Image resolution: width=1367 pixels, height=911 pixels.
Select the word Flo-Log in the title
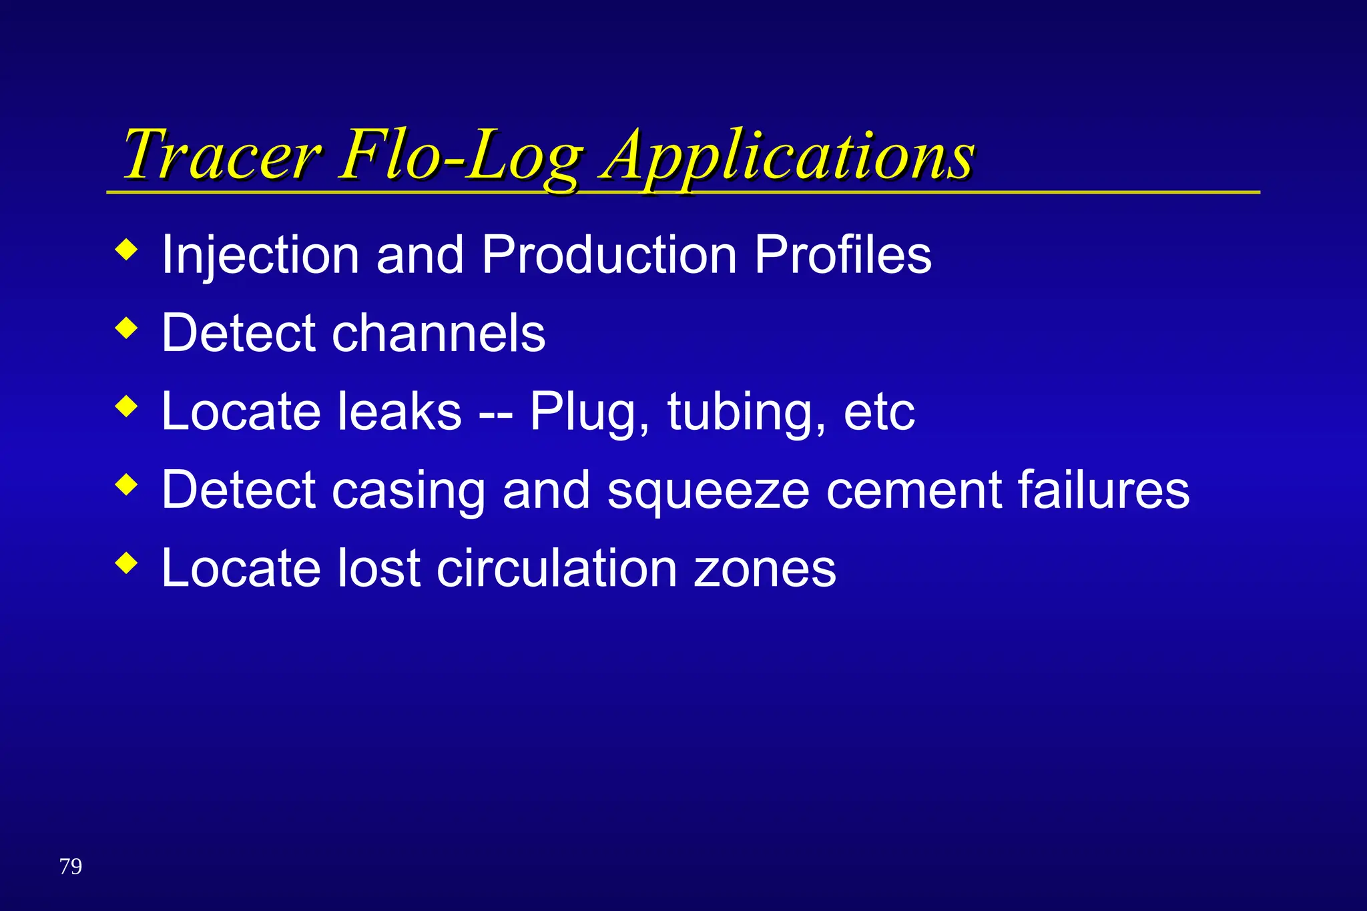click(x=461, y=155)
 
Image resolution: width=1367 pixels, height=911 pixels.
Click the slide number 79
click(x=71, y=866)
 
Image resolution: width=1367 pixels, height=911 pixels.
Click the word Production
click(x=609, y=255)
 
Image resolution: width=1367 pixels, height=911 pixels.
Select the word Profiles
click(x=842, y=255)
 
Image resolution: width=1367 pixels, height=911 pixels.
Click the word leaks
click(x=399, y=411)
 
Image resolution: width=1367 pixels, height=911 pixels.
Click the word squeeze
click(x=708, y=491)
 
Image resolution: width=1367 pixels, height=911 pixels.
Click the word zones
click(x=765, y=569)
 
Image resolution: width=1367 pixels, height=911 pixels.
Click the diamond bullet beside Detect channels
click(x=126, y=328)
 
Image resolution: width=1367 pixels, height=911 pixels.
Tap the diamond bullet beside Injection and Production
click(x=126, y=250)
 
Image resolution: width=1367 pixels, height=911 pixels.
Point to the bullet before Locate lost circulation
click(x=126, y=563)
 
